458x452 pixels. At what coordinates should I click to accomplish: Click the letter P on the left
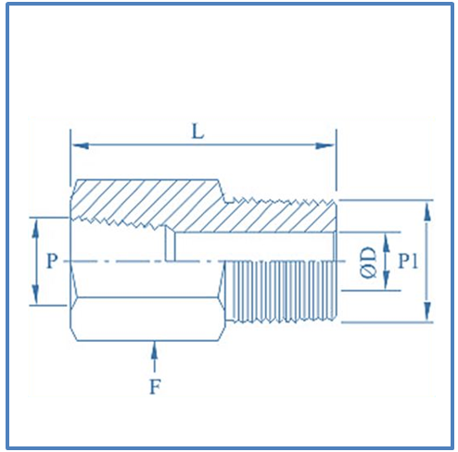coord(52,261)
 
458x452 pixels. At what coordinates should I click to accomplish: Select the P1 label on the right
coord(408,261)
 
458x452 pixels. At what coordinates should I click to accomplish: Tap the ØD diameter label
coord(368,262)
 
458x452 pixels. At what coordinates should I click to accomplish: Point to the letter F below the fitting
coord(155,386)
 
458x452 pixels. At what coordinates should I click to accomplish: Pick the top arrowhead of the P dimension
coord(36,222)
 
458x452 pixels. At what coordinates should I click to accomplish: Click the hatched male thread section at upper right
coord(278,218)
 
